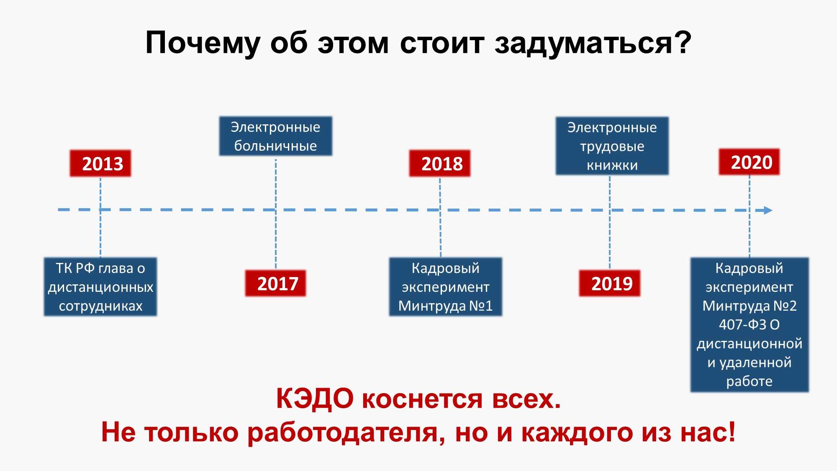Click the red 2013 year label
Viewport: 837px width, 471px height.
(x=100, y=163)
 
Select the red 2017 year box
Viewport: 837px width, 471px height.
(x=275, y=283)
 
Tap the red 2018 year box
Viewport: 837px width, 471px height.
(x=440, y=163)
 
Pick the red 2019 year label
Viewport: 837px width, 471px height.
(x=610, y=283)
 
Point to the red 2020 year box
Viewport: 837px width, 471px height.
(x=750, y=162)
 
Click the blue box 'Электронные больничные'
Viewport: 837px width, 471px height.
(x=276, y=136)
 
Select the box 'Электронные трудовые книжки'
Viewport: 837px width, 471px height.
(x=612, y=146)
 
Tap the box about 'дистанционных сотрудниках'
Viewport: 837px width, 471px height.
(x=100, y=287)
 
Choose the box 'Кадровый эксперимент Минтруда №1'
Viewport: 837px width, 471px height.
(x=446, y=287)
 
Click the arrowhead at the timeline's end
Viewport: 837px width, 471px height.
(x=768, y=210)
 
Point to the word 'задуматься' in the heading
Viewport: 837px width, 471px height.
(x=583, y=43)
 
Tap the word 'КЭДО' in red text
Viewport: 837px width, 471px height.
(x=315, y=399)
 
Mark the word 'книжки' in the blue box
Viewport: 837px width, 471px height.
(x=612, y=165)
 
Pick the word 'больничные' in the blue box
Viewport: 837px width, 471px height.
(x=275, y=146)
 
